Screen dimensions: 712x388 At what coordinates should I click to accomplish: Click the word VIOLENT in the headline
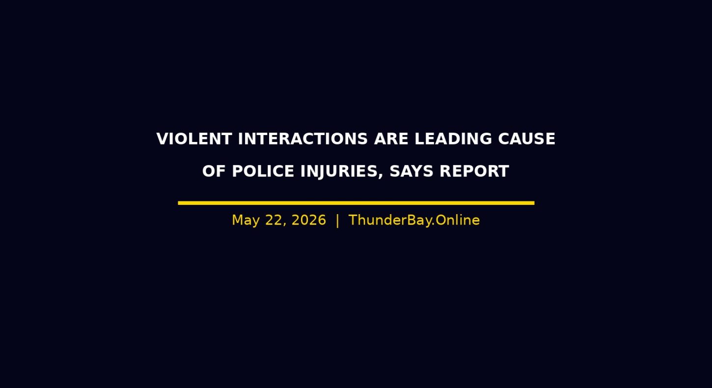[x=194, y=139]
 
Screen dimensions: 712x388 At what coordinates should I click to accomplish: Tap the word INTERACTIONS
[x=303, y=139]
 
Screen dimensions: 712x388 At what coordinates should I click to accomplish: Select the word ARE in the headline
[x=391, y=139]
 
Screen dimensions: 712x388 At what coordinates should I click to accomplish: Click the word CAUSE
[x=527, y=139]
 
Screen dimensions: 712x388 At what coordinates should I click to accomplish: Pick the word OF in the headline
[x=214, y=171]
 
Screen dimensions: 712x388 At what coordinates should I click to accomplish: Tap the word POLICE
[x=263, y=171]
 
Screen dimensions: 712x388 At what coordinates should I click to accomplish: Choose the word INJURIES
[x=339, y=172]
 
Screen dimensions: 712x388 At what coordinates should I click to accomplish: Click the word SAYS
[x=411, y=171]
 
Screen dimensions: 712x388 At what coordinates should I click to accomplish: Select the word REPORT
[x=474, y=171]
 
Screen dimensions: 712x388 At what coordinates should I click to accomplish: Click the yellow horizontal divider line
[x=356, y=203]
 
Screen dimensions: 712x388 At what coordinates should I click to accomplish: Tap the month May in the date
[x=246, y=221]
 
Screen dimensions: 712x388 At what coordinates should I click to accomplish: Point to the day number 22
[x=275, y=221]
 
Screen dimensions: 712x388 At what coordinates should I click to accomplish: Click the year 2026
[x=309, y=221]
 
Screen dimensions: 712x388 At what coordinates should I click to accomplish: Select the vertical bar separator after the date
[x=337, y=221]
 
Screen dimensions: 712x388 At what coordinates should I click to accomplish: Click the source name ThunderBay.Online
[x=414, y=221]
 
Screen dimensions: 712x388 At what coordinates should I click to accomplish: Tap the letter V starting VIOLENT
[x=163, y=139]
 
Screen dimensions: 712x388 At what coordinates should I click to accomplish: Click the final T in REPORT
[x=503, y=171]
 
